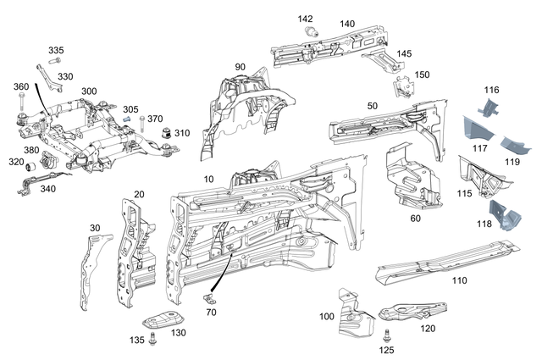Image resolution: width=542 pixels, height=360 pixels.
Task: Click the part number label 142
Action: (305, 19)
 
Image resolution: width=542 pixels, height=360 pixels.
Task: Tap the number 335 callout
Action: (55, 51)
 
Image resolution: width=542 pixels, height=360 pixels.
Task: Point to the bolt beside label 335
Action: (55, 61)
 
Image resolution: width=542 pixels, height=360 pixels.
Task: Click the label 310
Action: (182, 133)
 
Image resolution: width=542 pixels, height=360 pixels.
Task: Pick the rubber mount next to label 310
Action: (167, 132)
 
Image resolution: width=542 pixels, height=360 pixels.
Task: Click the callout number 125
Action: (386, 348)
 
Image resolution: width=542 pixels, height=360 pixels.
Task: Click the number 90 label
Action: (240, 67)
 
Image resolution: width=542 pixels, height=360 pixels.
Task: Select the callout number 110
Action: (459, 280)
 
